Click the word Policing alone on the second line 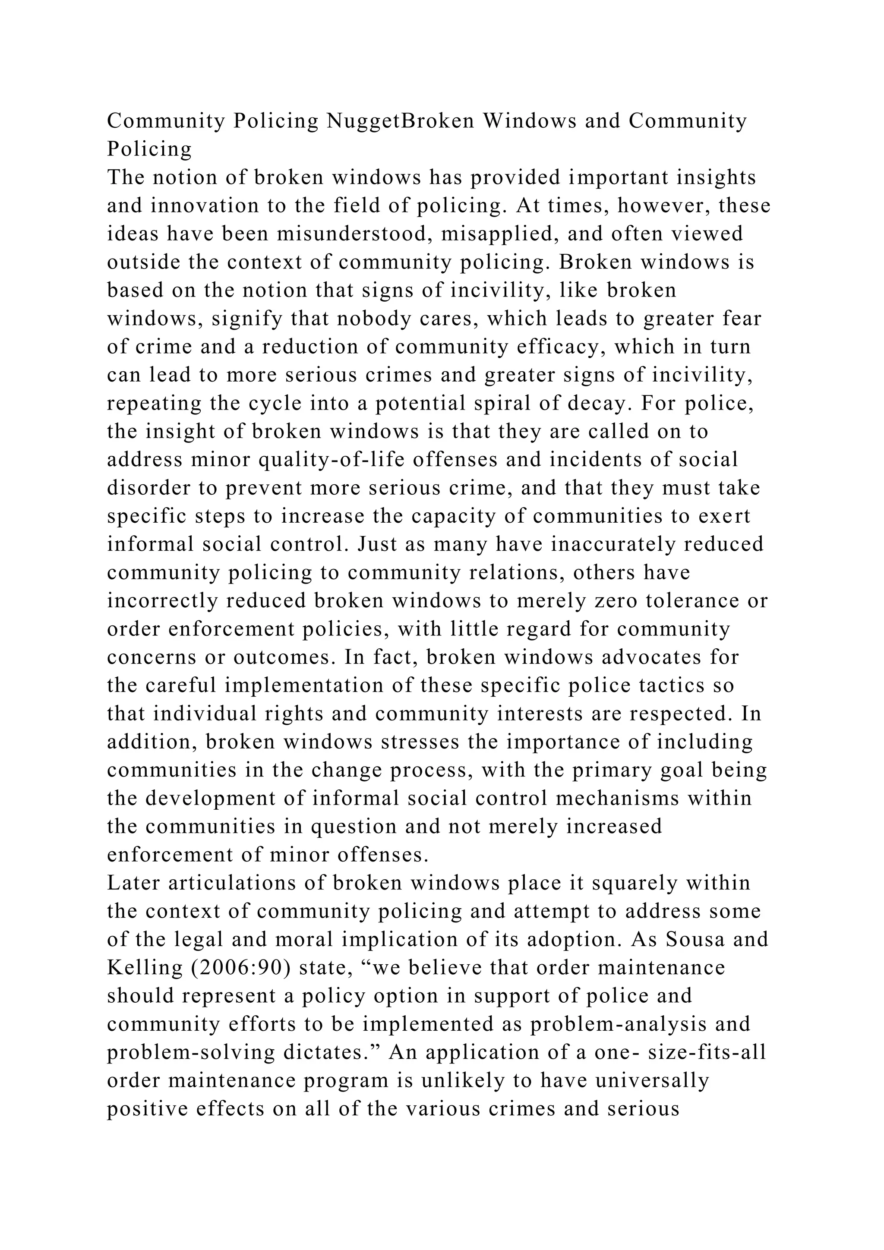(x=149, y=148)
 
